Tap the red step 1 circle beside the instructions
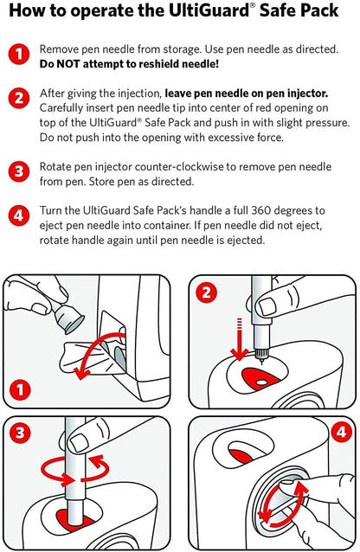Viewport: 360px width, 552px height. pos(19,55)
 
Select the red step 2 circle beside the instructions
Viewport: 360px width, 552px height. pos(19,98)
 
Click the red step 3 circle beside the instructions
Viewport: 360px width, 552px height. pos(19,171)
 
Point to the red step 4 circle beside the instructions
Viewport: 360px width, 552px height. pos(19,215)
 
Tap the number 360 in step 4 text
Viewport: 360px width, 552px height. pos(260,210)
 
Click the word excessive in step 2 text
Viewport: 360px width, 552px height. pos(231,138)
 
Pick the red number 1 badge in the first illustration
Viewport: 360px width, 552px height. pos(20,389)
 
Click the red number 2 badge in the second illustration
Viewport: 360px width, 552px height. pos(207,292)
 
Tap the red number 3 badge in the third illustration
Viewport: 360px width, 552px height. pos(20,433)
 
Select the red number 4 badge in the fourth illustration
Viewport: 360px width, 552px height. pos(341,432)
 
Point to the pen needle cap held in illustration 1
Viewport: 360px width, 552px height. pos(68,318)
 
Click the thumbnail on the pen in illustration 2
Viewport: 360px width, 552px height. pos(267,306)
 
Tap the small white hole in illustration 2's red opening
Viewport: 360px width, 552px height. pos(261,382)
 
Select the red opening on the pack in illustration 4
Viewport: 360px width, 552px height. pos(241,456)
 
